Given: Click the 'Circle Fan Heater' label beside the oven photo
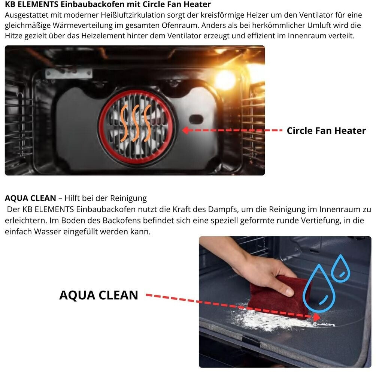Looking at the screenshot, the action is (x=326, y=130).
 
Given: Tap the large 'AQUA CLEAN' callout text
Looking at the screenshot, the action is (x=98, y=295).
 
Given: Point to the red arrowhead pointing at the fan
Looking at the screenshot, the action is (x=185, y=130).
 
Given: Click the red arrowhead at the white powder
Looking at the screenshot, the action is (x=317, y=317).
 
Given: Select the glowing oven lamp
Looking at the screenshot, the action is (x=224, y=79).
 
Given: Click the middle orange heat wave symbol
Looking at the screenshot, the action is (x=136, y=123).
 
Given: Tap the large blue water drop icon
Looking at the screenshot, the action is (x=319, y=288).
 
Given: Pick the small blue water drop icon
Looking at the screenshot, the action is (x=340, y=268).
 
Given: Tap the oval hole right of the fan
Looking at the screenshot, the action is (x=196, y=119).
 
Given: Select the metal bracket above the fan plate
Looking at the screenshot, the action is (x=69, y=73).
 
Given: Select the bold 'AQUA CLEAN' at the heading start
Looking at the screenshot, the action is (x=30, y=198).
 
